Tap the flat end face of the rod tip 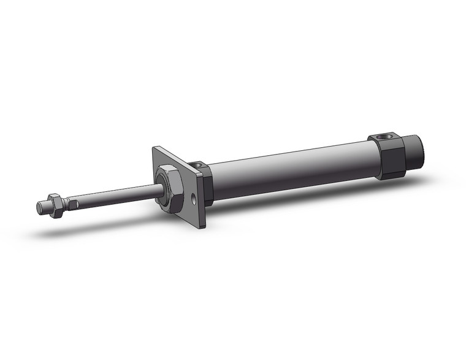(39, 207)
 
